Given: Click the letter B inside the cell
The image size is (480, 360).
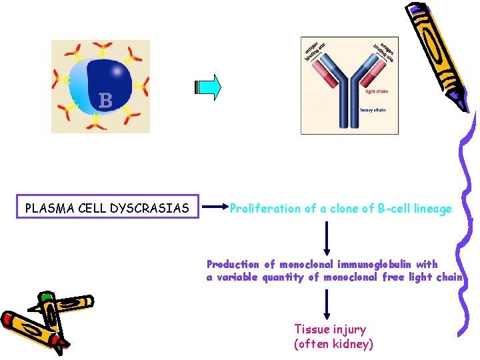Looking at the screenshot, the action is pos(105,101).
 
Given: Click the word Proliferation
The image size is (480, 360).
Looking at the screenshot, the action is pos(265,209).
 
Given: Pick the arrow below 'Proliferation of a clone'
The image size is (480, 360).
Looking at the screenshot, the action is pos(327,237).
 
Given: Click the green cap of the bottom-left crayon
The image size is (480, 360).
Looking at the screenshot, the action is pos(45,297).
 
